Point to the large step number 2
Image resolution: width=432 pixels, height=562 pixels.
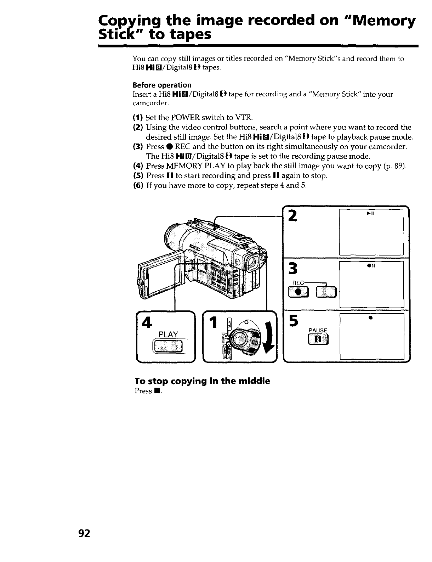[x=292, y=215]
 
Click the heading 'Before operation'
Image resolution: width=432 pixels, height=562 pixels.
[x=162, y=85]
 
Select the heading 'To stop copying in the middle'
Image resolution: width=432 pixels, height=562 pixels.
[x=202, y=381]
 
